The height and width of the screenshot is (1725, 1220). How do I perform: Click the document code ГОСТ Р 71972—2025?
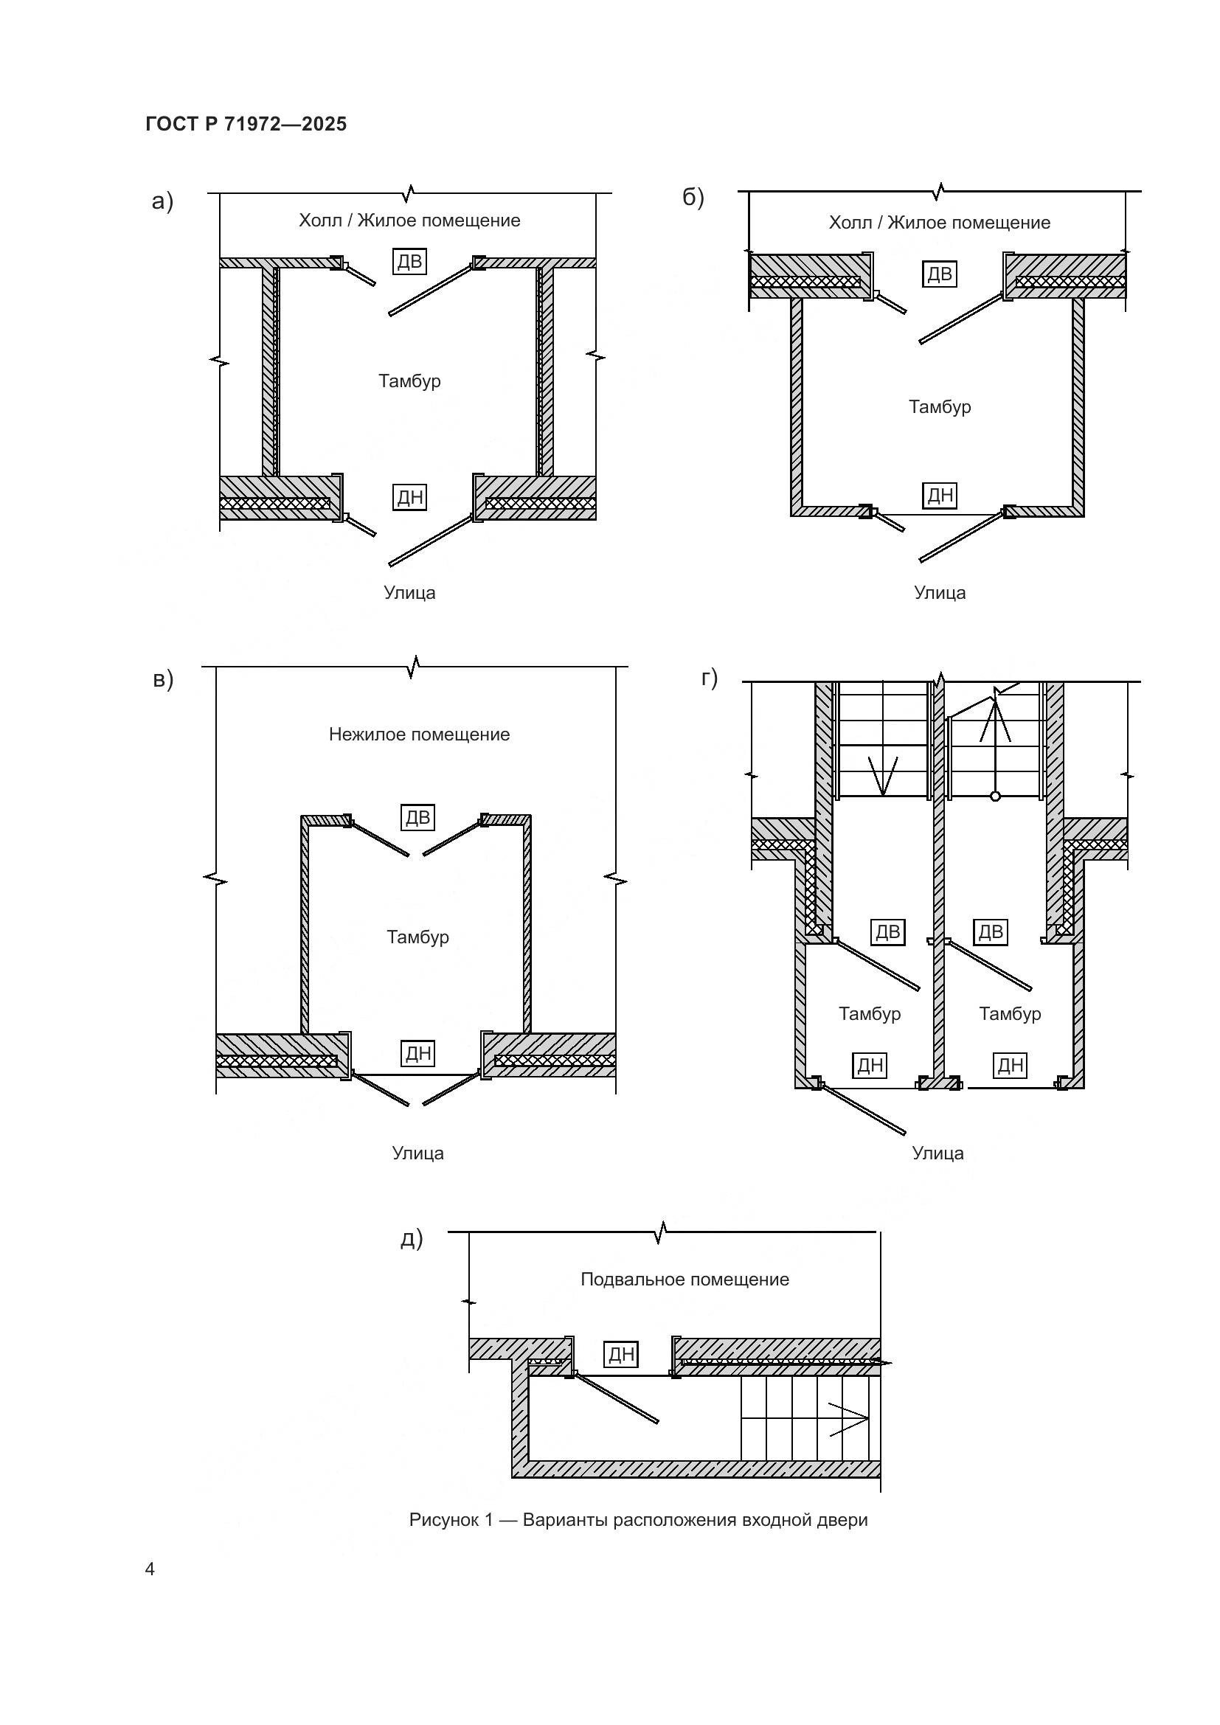click(246, 124)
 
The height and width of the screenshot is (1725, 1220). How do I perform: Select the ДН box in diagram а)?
click(410, 496)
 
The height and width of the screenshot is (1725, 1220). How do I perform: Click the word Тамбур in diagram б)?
click(940, 407)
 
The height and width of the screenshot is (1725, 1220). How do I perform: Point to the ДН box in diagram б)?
click(940, 495)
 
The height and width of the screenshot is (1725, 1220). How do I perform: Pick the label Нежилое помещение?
click(419, 734)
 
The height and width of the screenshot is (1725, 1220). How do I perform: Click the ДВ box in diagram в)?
click(417, 817)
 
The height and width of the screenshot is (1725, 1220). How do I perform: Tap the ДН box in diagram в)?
click(418, 1052)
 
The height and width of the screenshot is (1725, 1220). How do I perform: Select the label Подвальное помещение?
click(685, 1280)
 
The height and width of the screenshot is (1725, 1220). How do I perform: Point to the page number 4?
click(150, 1569)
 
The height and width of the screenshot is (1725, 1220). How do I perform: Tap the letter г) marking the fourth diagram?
click(709, 678)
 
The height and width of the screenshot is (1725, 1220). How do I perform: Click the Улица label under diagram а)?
click(409, 593)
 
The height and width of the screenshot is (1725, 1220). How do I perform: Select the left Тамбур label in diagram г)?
click(870, 1013)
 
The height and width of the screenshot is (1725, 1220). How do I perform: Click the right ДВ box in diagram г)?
click(991, 931)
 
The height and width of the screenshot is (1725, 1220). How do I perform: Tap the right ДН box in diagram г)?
click(1011, 1065)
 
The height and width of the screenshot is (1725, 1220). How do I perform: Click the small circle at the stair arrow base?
click(995, 796)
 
